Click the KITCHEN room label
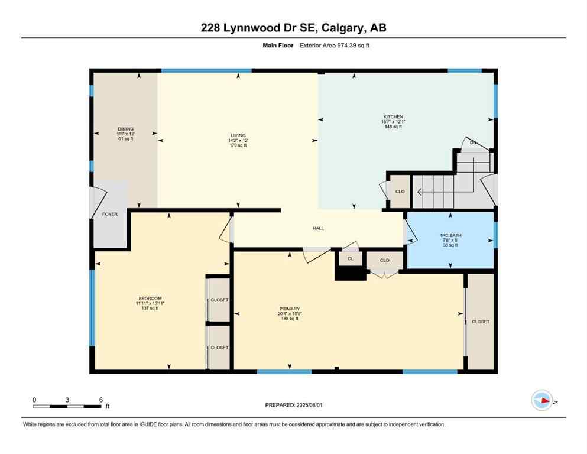(x=393, y=117)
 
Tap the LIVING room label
(x=238, y=136)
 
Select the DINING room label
(x=125, y=129)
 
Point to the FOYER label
(x=110, y=214)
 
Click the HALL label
(x=318, y=228)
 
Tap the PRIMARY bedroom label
(x=290, y=309)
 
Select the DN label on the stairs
(x=473, y=142)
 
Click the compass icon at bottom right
(x=541, y=400)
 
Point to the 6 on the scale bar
(x=100, y=400)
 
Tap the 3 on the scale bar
(x=67, y=400)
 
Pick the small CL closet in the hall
(x=350, y=258)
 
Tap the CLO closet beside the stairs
(x=400, y=192)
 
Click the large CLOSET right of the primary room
(x=480, y=322)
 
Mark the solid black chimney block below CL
(x=350, y=273)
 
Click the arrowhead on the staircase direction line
(x=419, y=192)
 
